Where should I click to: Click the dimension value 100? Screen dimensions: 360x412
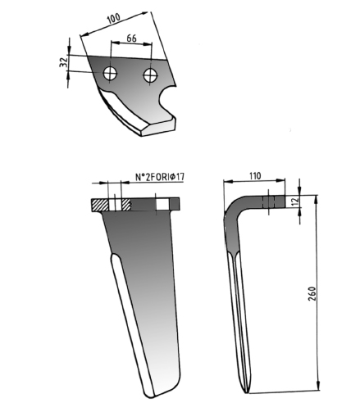pos(113,18)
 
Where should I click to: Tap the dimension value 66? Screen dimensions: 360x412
pos(131,38)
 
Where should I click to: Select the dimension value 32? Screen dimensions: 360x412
pos(63,62)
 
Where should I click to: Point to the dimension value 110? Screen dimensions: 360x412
pos(255,176)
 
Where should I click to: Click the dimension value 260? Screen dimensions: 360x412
pos(312,294)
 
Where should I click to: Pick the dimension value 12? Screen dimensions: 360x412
pos(295,201)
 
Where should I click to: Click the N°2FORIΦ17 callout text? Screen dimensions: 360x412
pos(160,177)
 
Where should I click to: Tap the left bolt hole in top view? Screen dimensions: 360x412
pos(110,74)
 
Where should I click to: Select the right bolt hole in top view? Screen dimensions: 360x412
pos(150,75)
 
